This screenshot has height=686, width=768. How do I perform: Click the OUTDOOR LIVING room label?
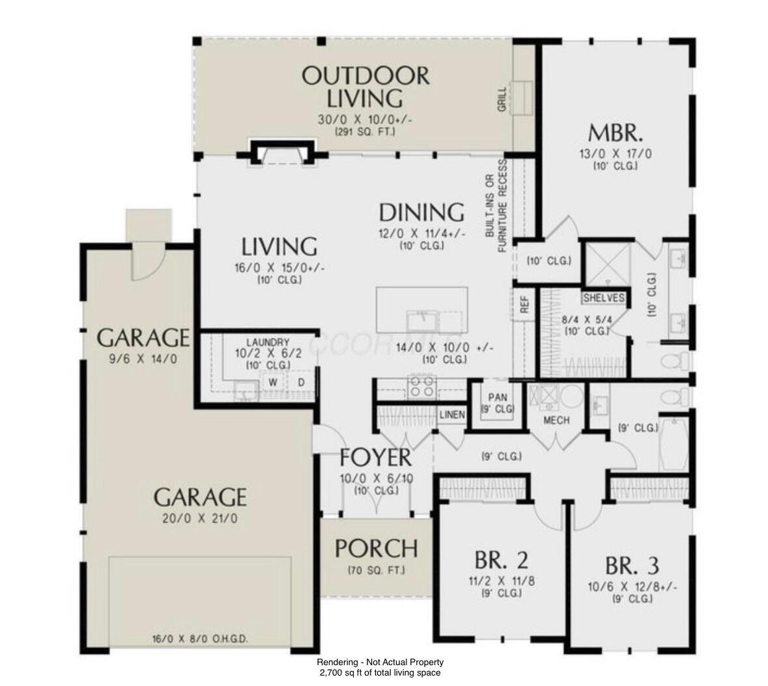click(x=365, y=87)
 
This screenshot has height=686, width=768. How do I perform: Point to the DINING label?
click(x=421, y=212)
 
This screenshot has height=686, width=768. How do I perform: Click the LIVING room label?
click(x=279, y=247)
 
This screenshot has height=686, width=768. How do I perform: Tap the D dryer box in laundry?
click(x=302, y=382)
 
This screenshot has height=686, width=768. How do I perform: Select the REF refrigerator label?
click(x=524, y=304)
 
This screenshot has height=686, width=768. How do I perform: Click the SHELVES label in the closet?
click(x=604, y=298)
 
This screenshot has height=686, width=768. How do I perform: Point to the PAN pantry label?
click(x=498, y=397)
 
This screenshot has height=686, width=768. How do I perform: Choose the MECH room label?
click(x=557, y=420)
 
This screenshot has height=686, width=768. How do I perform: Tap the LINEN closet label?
click(x=451, y=415)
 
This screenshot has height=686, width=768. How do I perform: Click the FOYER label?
click(x=375, y=457)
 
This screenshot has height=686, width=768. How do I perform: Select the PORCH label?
click(x=376, y=549)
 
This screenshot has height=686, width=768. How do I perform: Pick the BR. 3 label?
click(x=631, y=564)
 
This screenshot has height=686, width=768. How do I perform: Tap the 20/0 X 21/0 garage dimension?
click(x=200, y=519)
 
